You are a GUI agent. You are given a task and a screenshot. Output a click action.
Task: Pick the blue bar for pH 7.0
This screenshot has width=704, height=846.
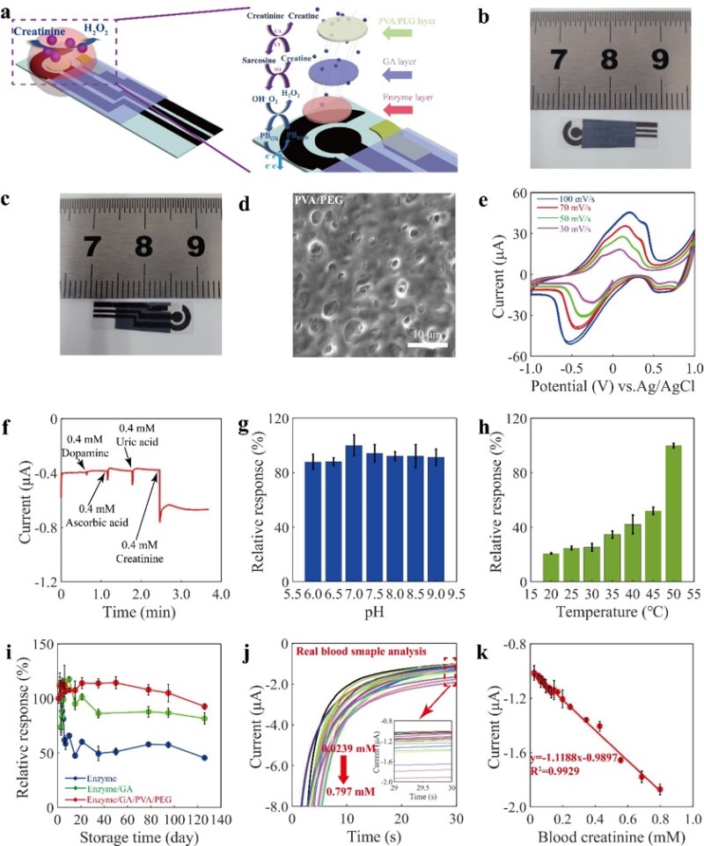(353, 514)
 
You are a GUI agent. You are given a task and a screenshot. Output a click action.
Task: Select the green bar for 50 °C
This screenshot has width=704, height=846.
(673, 514)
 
